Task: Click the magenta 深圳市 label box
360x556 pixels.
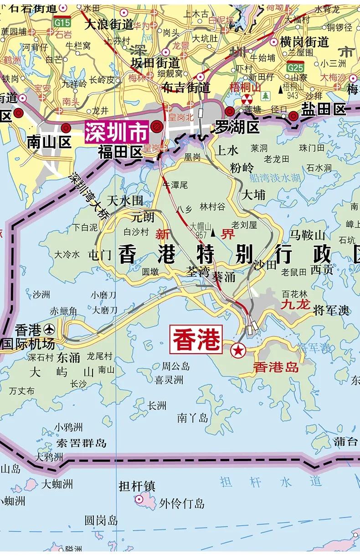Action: click(116, 132)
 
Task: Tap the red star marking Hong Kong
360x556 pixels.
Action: click(237, 350)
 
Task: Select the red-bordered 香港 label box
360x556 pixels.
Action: click(195, 339)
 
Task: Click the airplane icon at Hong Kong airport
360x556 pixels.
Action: click(49, 329)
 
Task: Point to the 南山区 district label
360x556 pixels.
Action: click(49, 143)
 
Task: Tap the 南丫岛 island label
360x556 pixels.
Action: click(193, 417)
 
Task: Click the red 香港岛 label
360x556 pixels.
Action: click(276, 367)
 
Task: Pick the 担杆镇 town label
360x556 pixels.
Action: click(137, 486)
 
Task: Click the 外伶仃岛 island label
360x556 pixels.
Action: click(182, 503)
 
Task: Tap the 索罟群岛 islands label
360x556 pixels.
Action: click(81, 443)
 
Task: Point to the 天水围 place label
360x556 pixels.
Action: click(125, 201)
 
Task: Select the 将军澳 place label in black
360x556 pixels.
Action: click(331, 310)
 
